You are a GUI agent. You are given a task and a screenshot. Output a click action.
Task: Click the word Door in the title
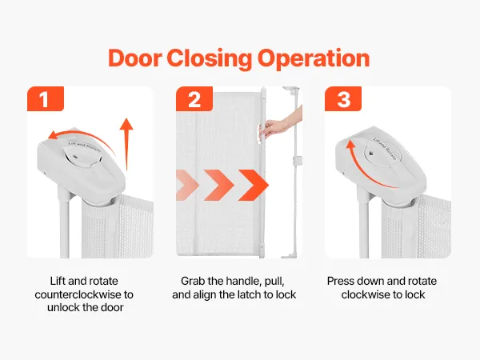(x=135, y=58)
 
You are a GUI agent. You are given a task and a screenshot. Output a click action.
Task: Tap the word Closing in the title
(x=210, y=59)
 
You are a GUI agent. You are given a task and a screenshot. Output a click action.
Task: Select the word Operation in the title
(x=314, y=59)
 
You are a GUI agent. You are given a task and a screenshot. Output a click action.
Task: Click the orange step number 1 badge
(x=46, y=98)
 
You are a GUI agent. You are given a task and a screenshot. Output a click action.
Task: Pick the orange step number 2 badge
(x=194, y=98)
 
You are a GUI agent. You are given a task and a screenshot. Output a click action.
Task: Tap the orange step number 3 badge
(x=343, y=98)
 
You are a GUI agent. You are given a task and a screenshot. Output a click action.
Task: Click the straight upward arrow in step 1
(x=126, y=144)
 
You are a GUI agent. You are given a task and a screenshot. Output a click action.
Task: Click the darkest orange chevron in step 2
(x=254, y=186)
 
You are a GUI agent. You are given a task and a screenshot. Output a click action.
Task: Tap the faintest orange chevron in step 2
(x=187, y=186)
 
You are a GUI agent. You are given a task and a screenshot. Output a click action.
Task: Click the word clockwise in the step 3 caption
(x=366, y=294)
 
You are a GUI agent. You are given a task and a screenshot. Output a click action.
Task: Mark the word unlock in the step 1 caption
(x=63, y=307)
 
